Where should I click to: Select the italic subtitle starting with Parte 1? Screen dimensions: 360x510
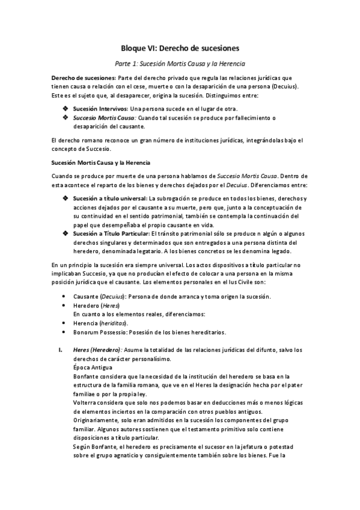[180, 63]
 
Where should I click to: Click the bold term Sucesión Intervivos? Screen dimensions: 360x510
[100, 108]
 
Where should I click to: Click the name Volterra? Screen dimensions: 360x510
[86, 401]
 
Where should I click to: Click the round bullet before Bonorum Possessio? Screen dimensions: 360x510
[64, 331]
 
